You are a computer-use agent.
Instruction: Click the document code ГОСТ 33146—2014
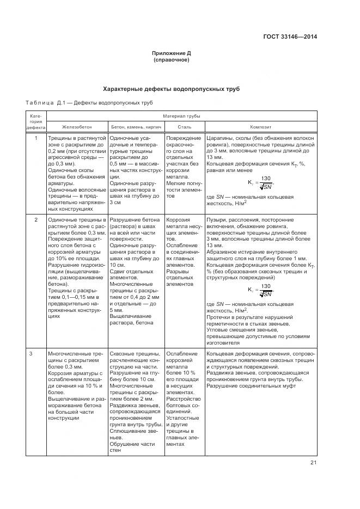(x=290, y=37)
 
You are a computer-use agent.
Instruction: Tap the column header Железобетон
(x=77, y=126)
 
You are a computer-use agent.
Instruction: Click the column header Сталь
(x=184, y=126)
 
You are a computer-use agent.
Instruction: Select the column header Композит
(x=260, y=126)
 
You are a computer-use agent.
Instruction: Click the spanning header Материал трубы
(x=181, y=116)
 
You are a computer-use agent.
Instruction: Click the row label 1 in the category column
(x=36, y=139)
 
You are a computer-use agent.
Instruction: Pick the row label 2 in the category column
(x=36, y=219)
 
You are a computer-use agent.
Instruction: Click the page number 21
(x=313, y=463)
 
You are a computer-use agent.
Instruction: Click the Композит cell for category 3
(x=260, y=370)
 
